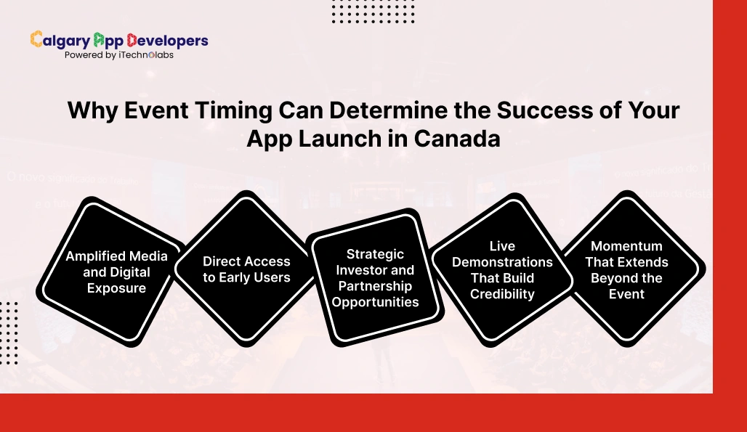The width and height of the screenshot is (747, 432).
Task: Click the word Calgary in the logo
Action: click(x=60, y=41)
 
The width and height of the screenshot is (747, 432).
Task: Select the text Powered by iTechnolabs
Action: click(x=119, y=55)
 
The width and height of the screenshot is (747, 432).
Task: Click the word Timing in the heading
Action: click(x=227, y=111)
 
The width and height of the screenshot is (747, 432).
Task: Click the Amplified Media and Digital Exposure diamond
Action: click(x=116, y=272)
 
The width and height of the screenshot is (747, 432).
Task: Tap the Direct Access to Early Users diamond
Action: click(x=246, y=269)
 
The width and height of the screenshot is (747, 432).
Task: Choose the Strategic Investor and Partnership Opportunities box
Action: click(x=375, y=277)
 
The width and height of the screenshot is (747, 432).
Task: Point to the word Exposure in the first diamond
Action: click(x=116, y=288)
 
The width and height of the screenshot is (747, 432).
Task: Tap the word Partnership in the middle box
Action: click(x=375, y=285)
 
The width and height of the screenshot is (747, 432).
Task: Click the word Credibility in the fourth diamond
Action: click(x=502, y=293)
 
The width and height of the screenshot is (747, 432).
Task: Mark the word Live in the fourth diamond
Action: click(x=502, y=245)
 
